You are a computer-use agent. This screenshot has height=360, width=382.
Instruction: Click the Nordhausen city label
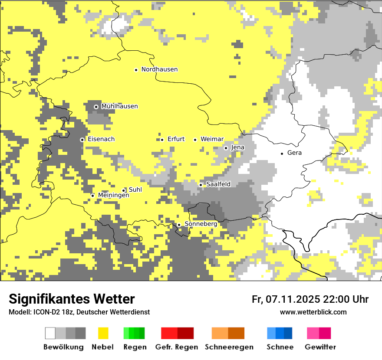point(159,69)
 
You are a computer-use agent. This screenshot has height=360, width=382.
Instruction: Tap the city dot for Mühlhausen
point(96,107)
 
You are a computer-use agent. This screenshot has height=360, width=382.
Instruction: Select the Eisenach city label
point(101,139)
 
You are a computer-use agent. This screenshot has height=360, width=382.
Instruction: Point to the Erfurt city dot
point(162,140)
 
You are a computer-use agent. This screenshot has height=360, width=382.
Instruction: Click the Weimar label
point(212,139)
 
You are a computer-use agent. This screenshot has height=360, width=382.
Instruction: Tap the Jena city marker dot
point(226,148)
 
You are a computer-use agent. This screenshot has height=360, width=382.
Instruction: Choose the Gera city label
point(294,153)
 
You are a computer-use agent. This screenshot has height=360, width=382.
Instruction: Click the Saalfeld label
point(218,184)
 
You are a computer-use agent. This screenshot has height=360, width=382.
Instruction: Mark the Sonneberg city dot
point(179,225)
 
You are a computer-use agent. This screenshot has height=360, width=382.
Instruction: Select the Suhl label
point(135,190)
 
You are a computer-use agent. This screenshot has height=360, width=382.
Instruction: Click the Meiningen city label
point(113,196)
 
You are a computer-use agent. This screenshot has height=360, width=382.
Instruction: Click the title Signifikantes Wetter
point(72,299)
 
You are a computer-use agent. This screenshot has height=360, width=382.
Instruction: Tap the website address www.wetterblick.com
point(313,312)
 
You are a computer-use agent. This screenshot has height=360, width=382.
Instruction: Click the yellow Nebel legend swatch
point(103,333)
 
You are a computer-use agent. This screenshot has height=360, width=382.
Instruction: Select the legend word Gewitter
point(320,347)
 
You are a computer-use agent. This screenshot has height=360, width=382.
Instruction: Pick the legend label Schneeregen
point(229,347)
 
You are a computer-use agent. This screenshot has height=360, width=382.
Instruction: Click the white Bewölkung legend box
point(50,333)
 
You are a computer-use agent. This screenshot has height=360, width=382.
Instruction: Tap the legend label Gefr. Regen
point(176,347)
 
